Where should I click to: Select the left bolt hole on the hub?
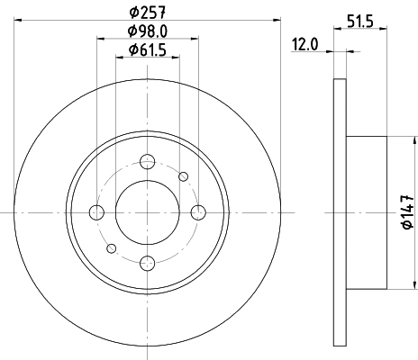tap(96, 212)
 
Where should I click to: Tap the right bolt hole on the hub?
tap(199, 212)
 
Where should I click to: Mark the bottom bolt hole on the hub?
tap(148, 263)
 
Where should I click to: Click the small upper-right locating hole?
tap(184, 176)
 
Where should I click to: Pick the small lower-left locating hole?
tap(112, 248)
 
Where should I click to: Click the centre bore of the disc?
tap(148, 212)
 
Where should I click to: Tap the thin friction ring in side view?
tap(340, 212)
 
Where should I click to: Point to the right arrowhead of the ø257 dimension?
tap(276, 22)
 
